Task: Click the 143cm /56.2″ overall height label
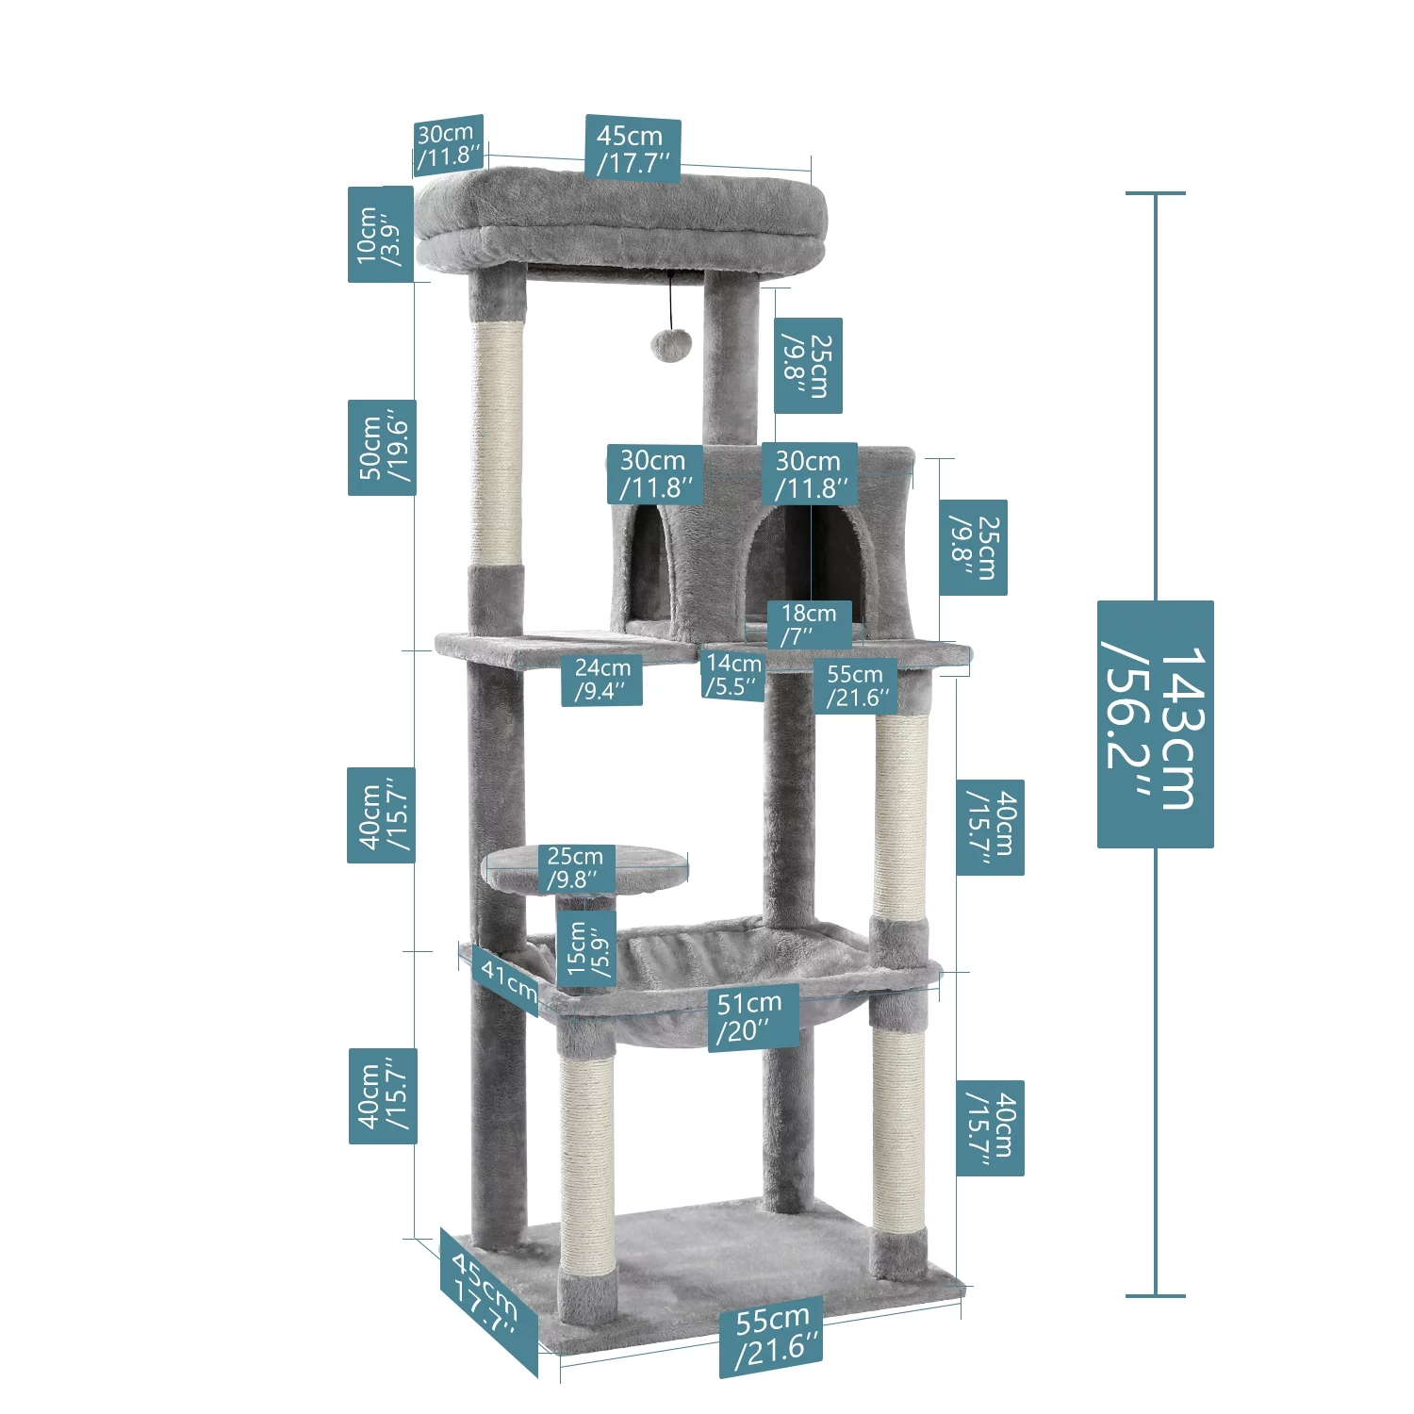(x=1155, y=724)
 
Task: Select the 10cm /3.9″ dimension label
(x=380, y=234)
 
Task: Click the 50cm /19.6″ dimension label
(x=381, y=447)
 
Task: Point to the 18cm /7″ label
(x=809, y=624)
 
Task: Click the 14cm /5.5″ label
(x=733, y=675)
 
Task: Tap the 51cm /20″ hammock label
(x=752, y=1016)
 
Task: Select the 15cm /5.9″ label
(x=585, y=949)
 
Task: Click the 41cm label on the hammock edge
(x=507, y=980)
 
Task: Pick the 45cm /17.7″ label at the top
(x=633, y=148)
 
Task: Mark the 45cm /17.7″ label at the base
(x=486, y=1291)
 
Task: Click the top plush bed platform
(x=622, y=219)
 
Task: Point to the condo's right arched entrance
(x=811, y=566)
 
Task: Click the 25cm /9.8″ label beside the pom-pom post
(x=808, y=365)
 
